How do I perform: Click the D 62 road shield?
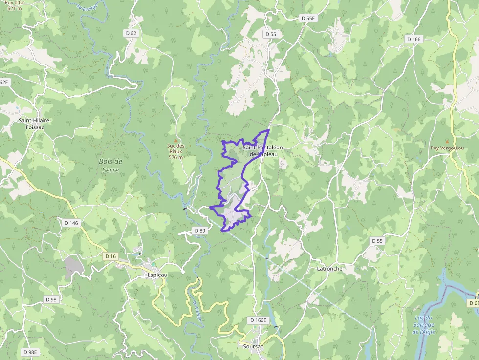[131, 33]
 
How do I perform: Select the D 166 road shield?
[413, 39]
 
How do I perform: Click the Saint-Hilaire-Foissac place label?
[35, 124]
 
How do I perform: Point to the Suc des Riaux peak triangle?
[176, 140]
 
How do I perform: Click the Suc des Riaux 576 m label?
[176, 151]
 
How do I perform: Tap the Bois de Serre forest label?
[110, 165]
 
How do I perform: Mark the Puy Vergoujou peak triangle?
[447, 141]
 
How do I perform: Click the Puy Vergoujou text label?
[447, 148]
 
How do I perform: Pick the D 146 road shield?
[71, 223]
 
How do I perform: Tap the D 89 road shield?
[199, 230]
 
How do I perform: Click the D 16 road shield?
[110, 256]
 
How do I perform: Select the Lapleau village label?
[157, 275]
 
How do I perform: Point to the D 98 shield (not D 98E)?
[51, 299]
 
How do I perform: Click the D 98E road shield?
[30, 352]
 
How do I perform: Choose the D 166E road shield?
[258, 320]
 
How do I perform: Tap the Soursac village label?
[253, 346]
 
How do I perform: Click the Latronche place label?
[329, 269]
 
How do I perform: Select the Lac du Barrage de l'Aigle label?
[423, 325]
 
